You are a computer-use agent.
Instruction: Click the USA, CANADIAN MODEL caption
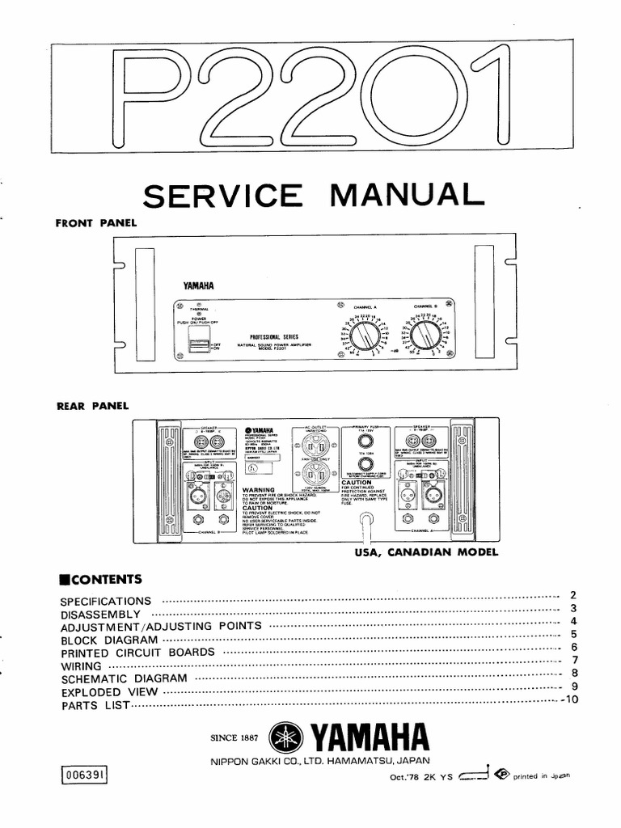[x=427, y=553]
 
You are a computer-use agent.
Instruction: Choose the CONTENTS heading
[x=101, y=579]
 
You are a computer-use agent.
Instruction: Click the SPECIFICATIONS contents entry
[x=106, y=601]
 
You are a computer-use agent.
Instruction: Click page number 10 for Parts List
[x=572, y=699]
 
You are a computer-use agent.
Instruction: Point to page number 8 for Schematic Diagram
[x=572, y=672]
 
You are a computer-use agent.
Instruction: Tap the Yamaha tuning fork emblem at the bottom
[x=283, y=737]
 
